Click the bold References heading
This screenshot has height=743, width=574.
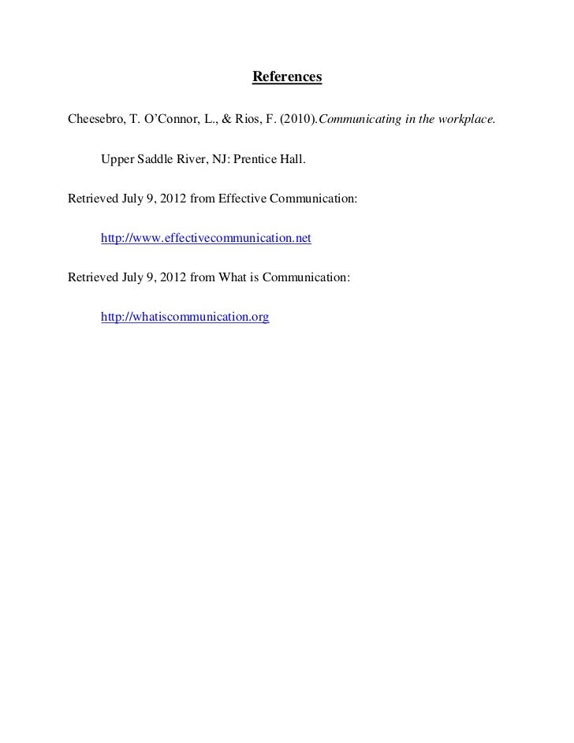[287, 78]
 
